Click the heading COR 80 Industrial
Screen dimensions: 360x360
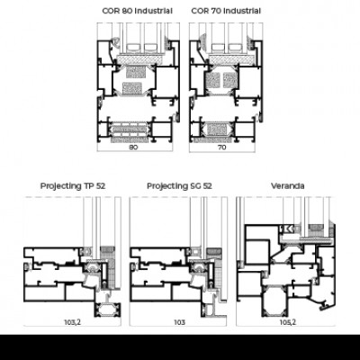click(x=137, y=11)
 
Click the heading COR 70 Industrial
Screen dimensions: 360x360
click(x=226, y=11)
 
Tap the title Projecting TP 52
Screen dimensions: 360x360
click(x=73, y=186)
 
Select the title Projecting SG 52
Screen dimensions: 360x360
click(x=179, y=186)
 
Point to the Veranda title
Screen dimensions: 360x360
click(x=288, y=186)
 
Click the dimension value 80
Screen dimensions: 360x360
click(x=133, y=148)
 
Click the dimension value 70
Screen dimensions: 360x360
click(x=221, y=148)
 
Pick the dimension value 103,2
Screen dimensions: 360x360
click(x=73, y=322)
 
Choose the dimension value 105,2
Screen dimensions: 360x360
click(x=288, y=322)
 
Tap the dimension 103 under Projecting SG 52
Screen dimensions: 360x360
click(x=179, y=322)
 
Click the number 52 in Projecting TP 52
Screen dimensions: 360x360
click(x=101, y=186)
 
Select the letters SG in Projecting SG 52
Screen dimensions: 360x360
click(x=196, y=186)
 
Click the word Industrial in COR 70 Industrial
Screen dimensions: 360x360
click(x=242, y=11)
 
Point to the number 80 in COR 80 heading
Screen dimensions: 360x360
click(x=127, y=11)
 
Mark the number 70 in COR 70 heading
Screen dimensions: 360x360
click(x=216, y=11)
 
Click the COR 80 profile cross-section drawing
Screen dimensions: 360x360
click(x=139, y=87)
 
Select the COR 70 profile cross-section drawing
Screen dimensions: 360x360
click(x=226, y=87)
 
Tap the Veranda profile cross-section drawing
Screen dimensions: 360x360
click(x=286, y=261)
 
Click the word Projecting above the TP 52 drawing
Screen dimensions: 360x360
click(x=60, y=186)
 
